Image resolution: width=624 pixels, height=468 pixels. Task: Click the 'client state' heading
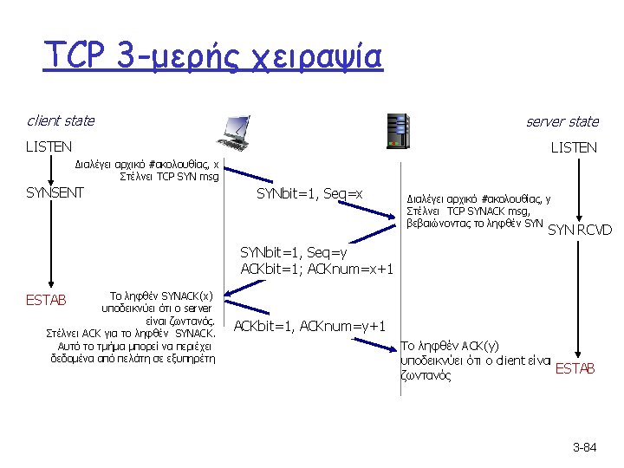pyautogui.click(x=61, y=120)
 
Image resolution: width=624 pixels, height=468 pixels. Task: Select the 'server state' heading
pyautogui.click(x=562, y=121)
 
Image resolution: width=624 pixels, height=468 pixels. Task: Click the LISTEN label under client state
pyautogui.click(x=49, y=147)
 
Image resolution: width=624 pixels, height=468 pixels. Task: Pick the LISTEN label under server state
pyautogui.click(x=574, y=147)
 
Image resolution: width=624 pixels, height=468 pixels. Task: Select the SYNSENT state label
pyautogui.click(x=55, y=192)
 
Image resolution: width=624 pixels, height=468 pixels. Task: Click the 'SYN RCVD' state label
pyautogui.click(x=581, y=230)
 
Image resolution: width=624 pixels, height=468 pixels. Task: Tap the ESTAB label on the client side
pyautogui.click(x=46, y=301)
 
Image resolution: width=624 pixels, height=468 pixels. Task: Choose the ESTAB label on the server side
pyautogui.click(x=575, y=368)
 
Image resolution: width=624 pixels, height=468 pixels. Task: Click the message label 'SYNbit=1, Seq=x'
pyautogui.click(x=309, y=193)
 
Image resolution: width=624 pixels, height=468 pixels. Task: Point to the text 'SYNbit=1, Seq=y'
pyautogui.click(x=293, y=253)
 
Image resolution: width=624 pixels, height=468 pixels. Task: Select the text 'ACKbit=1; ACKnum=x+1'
pyautogui.click(x=317, y=269)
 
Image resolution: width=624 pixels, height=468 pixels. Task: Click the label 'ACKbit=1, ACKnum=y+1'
pyautogui.click(x=309, y=326)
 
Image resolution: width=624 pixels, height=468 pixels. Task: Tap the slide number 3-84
pyautogui.click(x=585, y=447)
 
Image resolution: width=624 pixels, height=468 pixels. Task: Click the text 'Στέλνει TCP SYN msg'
pyautogui.click(x=169, y=178)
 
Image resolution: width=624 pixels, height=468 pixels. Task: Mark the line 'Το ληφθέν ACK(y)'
pyautogui.click(x=449, y=346)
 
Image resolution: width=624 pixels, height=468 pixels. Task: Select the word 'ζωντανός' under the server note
pyautogui.click(x=425, y=376)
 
